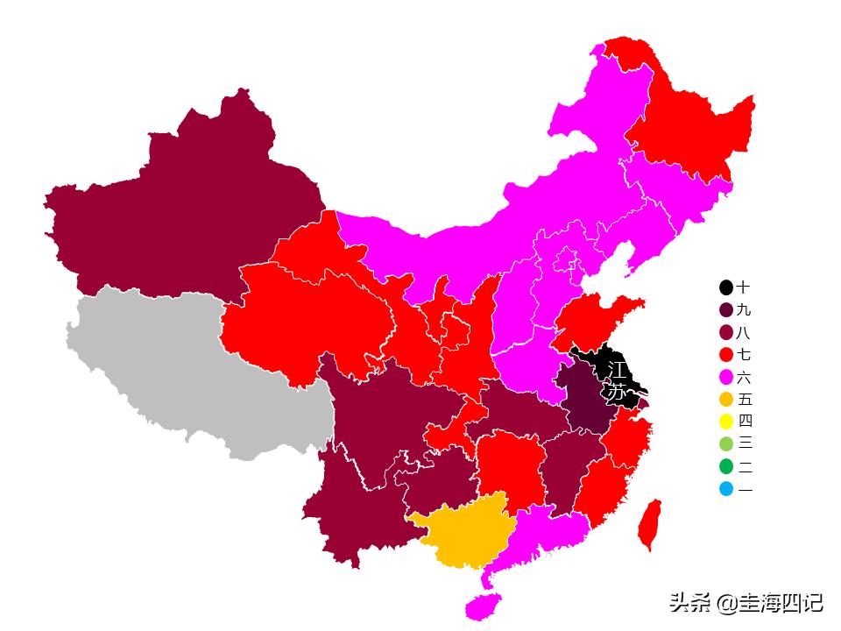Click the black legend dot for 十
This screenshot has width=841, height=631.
click(x=726, y=287)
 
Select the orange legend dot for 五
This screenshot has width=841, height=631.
click(x=726, y=400)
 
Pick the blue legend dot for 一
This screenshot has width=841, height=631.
click(x=726, y=489)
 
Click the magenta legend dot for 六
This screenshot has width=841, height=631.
click(x=726, y=378)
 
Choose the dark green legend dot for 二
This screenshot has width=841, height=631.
click(x=726, y=467)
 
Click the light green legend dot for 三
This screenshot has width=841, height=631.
click(x=726, y=444)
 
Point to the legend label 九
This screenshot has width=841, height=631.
click(x=744, y=310)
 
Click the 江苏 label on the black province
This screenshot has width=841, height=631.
click(x=617, y=380)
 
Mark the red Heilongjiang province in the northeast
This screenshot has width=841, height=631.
click(x=692, y=123)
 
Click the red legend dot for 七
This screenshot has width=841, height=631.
click(x=726, y=355)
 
